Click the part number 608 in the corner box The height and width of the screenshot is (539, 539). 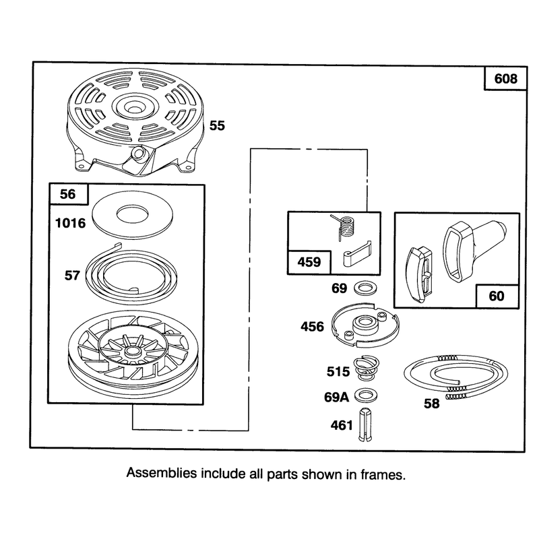click(x=506, y=79)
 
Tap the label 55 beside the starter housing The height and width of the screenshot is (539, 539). click(x=217, y=125)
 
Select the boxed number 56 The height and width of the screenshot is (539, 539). click(x=68, y=194)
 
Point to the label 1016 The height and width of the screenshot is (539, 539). click(x=71, y=223)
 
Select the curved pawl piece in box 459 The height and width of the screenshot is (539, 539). click(x=358, y=254)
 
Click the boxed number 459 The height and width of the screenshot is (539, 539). click(x=309, y=262)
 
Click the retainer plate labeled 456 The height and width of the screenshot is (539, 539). click(x=365, y=325)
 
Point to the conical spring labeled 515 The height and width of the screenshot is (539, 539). click(x=367, y=369)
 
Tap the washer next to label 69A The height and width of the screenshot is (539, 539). click(x=366, y=395)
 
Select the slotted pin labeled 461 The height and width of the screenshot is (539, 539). click(x=365, y=424)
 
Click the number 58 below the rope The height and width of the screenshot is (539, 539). click(x=431, y=403)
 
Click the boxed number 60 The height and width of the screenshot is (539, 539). click(x=497, y=296)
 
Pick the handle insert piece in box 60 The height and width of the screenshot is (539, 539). click(x=419, y=274)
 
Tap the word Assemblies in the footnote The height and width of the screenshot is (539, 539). click(x=162, y=474)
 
